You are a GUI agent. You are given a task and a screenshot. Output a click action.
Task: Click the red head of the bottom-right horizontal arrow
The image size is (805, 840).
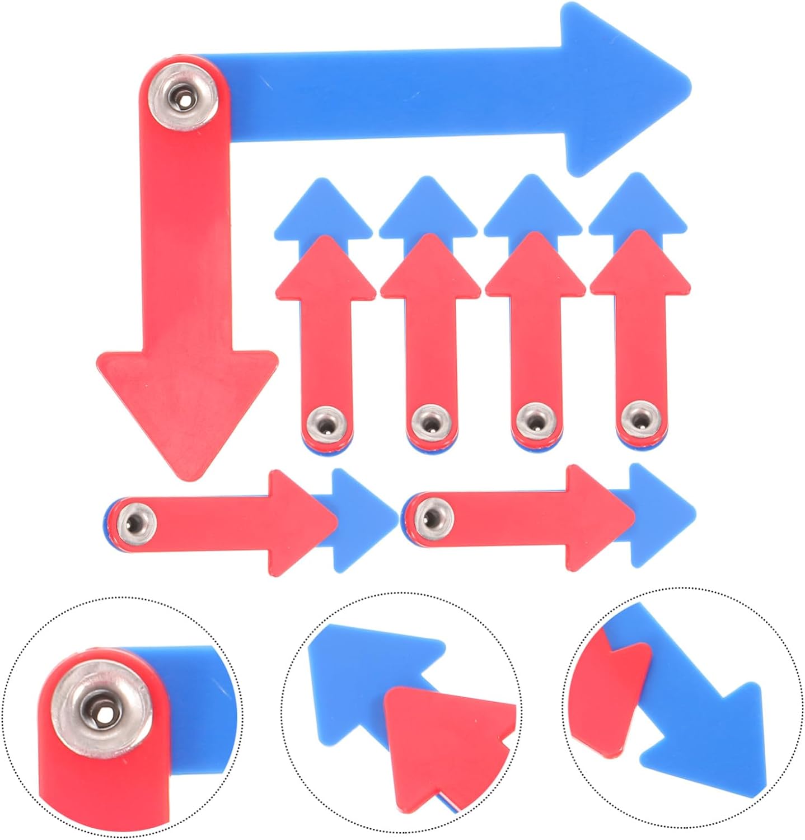pos(593,512)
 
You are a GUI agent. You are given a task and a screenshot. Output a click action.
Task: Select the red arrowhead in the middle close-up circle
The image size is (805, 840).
pos(442,734)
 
